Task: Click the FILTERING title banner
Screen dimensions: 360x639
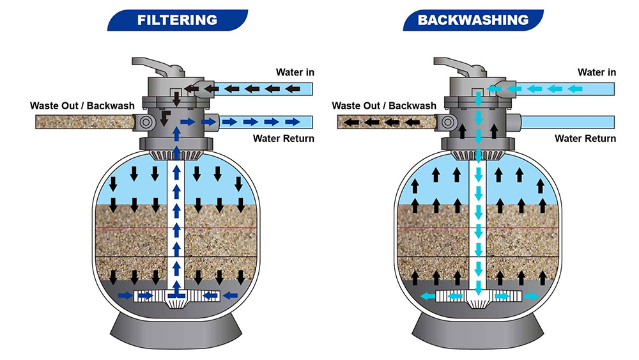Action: (x=178, y=19)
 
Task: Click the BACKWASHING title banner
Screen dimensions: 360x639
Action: (x=473, y=19)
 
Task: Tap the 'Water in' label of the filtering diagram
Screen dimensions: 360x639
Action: (x=295, y=72)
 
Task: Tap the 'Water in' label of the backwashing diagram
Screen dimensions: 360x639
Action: (x=597, y=72)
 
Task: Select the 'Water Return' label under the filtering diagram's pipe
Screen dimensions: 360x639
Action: (x=284, y=138)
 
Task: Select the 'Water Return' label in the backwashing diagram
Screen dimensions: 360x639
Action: (x=585, y=138)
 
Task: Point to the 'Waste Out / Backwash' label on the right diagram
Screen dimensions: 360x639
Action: (x=384, y=106)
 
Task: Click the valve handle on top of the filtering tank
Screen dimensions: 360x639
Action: (x=153, y=65)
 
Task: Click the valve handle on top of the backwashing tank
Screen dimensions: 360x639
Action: (x=455, y=65)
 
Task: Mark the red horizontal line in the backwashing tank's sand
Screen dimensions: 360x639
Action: (x=435, y=228)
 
